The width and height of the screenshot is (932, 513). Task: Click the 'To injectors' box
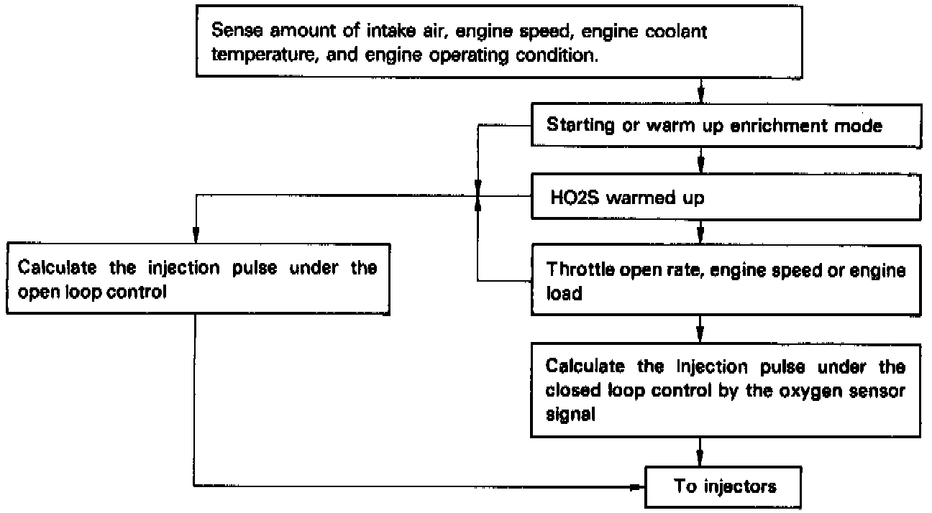click(726, 486)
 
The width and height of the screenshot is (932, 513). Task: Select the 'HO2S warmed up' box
click(726, 198)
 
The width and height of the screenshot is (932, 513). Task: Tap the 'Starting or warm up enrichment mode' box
click(726, 125)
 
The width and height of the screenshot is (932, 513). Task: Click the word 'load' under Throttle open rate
click(563, 295)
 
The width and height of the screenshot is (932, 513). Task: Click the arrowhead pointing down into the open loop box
click(194, 235)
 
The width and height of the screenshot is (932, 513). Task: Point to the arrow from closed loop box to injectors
click(700, 454)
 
